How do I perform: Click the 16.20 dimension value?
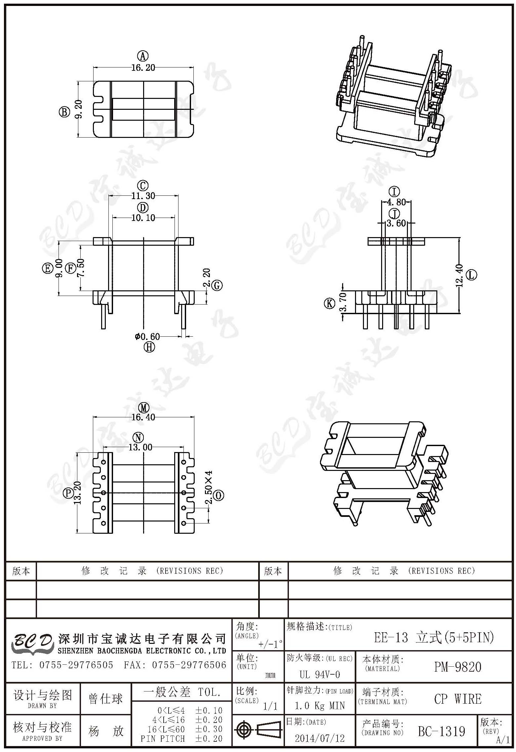[x=143, y=67]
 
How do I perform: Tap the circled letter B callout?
[x=64, y=112]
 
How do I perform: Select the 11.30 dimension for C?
[x=143, y=196]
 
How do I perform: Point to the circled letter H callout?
[x=149, y=347]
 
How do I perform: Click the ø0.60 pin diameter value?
[x=147, y=337]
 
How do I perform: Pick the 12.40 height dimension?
[x=459, y=275]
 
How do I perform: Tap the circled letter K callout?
[x=330, y=303]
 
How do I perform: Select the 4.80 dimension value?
[x=396, y=202]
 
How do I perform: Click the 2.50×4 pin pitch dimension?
[x=209, y=487]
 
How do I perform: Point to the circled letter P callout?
[x=68, y=493]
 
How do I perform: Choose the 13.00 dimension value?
[x=140, y=447]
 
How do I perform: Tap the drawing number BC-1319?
[x=442, y=731]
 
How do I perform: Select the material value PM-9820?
[x=458, y=667]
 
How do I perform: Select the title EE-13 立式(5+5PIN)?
[x=434, y=637]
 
